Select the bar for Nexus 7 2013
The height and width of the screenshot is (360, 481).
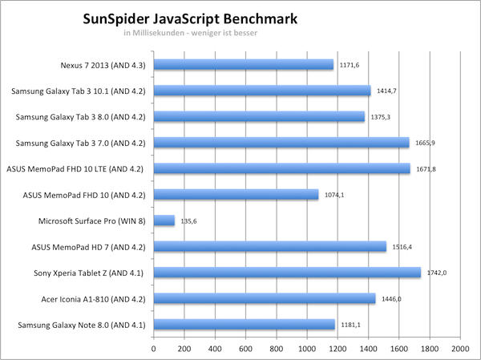(x=243, y=65)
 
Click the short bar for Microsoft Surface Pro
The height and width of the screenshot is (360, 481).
(x=164, y=220)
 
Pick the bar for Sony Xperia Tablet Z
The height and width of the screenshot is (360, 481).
(x=286, y=273)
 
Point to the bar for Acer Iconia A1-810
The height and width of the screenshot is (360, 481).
(x=264, y=298)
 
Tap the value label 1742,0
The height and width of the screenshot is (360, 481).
(x=435, y=273)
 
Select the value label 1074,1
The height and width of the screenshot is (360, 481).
(x=334, y=195)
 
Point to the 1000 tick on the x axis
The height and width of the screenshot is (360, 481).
(x=306, y=349)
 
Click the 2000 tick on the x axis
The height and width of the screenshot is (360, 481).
(x=459, y=349)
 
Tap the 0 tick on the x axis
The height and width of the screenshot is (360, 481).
(x=153, y=349)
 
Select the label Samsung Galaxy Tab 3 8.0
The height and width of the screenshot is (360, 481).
(x=81, y=117)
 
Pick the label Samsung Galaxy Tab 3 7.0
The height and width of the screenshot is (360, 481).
(x=81, y=143)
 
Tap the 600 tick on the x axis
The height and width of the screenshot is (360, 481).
(x=245, y=349)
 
